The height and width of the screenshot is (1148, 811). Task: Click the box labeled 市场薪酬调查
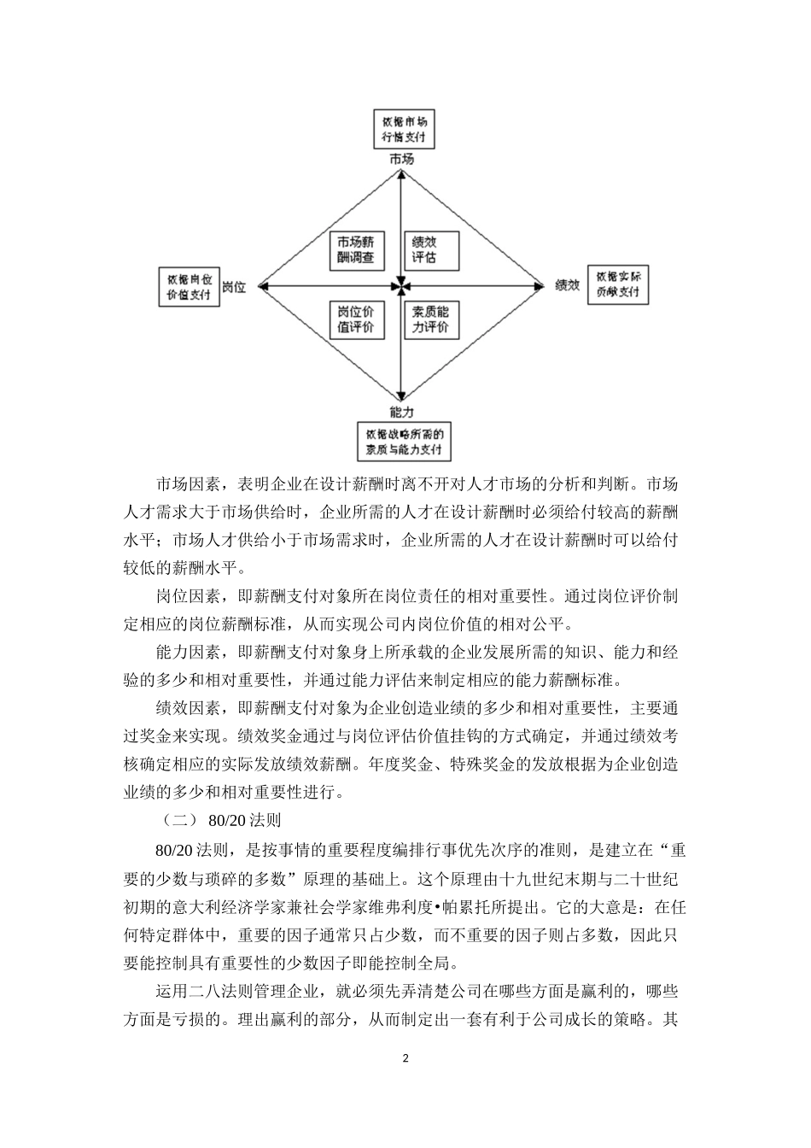356,249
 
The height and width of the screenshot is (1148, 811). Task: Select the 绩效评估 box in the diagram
431,249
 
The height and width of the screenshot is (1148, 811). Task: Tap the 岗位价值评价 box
356,319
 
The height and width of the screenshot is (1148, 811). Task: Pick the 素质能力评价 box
431,319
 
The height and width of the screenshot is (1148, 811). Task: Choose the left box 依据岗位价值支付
189,286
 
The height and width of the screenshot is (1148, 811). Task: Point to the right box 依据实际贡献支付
618,286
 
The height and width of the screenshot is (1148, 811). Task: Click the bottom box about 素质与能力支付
405,442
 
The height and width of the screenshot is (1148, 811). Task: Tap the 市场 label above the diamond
402,159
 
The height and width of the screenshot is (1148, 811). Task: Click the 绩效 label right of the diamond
568,285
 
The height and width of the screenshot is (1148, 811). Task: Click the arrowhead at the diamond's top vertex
401,173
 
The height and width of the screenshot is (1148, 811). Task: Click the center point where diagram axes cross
401,285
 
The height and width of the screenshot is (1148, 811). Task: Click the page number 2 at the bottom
405,1059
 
